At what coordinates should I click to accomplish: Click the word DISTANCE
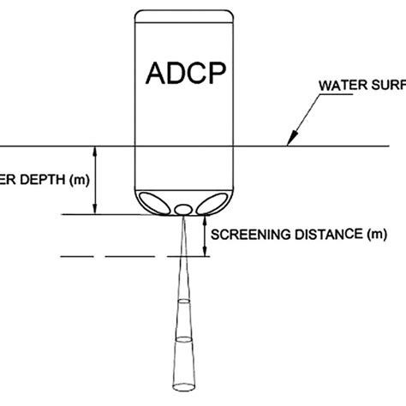pyautogui.click(x=326, y=234)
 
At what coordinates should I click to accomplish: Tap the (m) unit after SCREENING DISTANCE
pyautogui.click(x=375, y=234)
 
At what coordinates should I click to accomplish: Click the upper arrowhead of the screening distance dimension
pyautogui.click(x=205, y=220)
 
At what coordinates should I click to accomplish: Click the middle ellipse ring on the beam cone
pyautogui.click(x=183, y=339)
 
